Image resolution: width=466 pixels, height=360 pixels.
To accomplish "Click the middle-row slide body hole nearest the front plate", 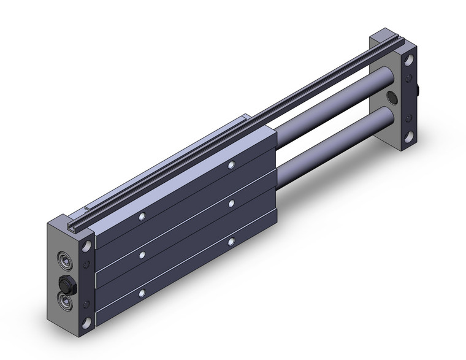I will click(x=142, y=253).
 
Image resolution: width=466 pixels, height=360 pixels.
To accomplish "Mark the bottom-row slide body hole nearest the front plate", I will click(x=142, y=291).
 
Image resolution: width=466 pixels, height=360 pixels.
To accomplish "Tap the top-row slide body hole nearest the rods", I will click(x=231, y=165).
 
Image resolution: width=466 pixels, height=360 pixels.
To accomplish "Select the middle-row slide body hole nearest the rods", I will click(x=231, y=203).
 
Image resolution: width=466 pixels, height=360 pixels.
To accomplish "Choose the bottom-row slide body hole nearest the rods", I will click(x=231, y=242).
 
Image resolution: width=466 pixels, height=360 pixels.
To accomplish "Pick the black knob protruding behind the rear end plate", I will click(x=417, y=92).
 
